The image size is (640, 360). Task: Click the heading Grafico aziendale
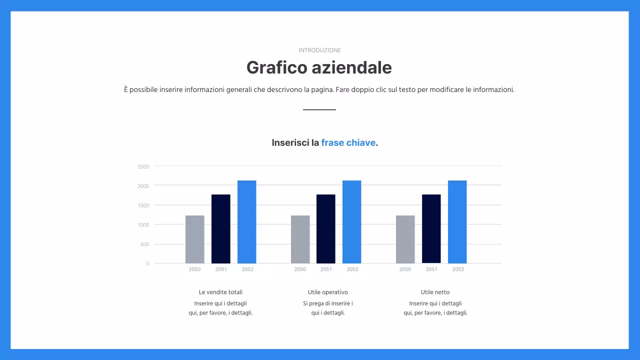tap(319, 67)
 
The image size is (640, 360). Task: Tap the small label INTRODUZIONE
tap(319, 50)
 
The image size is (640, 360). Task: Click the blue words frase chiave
tap(348, 142)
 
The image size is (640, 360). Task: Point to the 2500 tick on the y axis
tap(143, 166)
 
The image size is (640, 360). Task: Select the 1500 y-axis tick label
tap(143, 205)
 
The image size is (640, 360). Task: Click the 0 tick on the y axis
tap(147, 263)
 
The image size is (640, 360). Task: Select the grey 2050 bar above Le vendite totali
tap(195, 239)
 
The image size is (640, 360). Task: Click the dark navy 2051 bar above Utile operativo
tap(326, 228)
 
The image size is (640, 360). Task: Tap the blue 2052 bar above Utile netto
tap(457, 221)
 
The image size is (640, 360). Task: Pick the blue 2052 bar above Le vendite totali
tap(246, 221)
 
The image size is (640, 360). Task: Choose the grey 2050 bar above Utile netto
tap(405, 239)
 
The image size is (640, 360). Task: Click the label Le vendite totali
tap(220, 292)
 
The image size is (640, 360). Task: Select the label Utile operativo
tap(328, 292)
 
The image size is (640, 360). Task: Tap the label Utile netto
tap(435, 292)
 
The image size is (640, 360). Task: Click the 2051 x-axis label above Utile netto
tap(431, 269)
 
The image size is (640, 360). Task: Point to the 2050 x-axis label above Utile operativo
tap(300, 269)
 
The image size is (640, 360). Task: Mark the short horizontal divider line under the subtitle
tap(319, 109)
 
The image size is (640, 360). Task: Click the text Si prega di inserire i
tap(328, 303)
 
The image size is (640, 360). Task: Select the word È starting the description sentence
tap(126, 89)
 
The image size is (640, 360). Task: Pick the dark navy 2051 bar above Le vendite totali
tap(221, 228)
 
